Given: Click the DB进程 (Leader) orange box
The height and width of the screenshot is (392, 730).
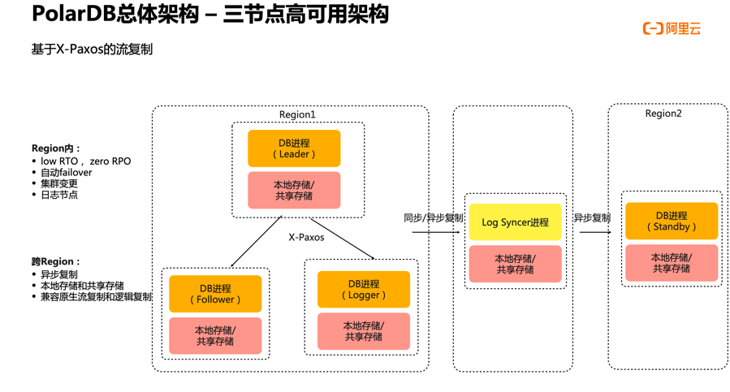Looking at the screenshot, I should coord(294,149).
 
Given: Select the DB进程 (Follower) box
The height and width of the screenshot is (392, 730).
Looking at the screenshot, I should coord(215,294).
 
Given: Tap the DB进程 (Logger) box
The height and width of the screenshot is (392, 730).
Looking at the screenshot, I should coord(363,290).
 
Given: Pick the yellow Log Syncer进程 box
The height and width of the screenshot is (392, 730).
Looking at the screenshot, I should coord(515,222).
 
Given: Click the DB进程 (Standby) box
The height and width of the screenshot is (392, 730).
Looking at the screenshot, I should coord(671,221).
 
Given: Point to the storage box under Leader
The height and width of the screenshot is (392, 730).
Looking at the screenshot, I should coord(294,191).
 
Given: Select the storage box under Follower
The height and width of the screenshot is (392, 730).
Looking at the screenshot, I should coord(215,336).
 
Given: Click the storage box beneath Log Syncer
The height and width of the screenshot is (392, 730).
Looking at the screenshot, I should coord(515,264).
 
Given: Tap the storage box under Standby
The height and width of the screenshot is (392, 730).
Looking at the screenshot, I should coord(671,263).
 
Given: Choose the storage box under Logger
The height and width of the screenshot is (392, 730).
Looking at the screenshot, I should coord(363,331).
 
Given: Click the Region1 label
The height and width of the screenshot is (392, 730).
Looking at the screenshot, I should coord(297,115).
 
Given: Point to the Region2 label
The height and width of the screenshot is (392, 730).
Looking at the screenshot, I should coord(663,114).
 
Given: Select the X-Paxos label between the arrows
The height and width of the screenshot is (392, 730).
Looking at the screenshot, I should coord(306,238).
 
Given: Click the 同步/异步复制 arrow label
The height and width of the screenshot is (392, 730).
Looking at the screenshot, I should coord(434,218).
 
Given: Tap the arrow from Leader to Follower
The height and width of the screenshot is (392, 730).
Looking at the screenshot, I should coord(256,242).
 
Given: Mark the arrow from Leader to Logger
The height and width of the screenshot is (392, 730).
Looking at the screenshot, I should coord(342,239).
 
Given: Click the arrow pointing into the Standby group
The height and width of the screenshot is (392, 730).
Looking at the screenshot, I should coord(595,232).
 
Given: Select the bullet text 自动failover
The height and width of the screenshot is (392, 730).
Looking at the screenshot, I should coord(66,173).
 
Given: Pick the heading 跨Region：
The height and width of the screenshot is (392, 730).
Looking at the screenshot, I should coord(56,262).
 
